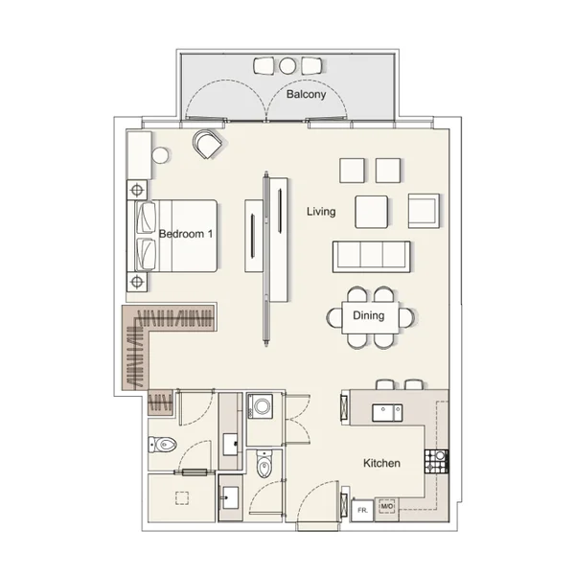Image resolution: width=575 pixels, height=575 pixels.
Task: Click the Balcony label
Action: (x=306, y=94)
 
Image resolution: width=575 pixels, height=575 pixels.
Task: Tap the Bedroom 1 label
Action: (x=186, y=234)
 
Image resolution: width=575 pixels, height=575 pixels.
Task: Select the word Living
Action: (x=321, y=212)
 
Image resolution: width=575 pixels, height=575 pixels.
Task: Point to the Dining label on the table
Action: (x=369, y=315)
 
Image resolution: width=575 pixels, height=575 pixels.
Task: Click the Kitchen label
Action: (x=381, y=463)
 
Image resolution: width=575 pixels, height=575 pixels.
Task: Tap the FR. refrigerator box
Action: (x=362, y=510)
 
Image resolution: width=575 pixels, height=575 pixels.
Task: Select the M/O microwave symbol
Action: (x=387, y=506)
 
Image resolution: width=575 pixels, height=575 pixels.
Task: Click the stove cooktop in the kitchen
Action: (x=436, y=461)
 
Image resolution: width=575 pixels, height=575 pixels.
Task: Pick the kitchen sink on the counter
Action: (x=387, y=413)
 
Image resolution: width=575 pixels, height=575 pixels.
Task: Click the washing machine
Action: (x=261, y=406)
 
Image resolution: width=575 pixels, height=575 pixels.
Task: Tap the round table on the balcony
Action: (x=287, y=65)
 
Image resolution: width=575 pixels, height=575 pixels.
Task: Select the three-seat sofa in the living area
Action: (x=371, y=257)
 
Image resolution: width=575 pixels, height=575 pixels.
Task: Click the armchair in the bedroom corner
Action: (x=208, y=144)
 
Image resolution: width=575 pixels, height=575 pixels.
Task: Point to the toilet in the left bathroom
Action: (x=163, y=445)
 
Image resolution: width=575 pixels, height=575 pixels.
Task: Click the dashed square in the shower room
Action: (x=182, y=498)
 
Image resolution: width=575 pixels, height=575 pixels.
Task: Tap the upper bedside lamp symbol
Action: (x=137, y=191)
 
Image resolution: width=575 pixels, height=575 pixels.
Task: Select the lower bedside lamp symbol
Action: (x=137, y=282)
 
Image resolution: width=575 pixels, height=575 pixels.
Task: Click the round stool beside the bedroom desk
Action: (x=160, y=155)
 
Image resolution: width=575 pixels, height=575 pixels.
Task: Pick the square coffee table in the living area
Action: (x=371, y=212)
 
